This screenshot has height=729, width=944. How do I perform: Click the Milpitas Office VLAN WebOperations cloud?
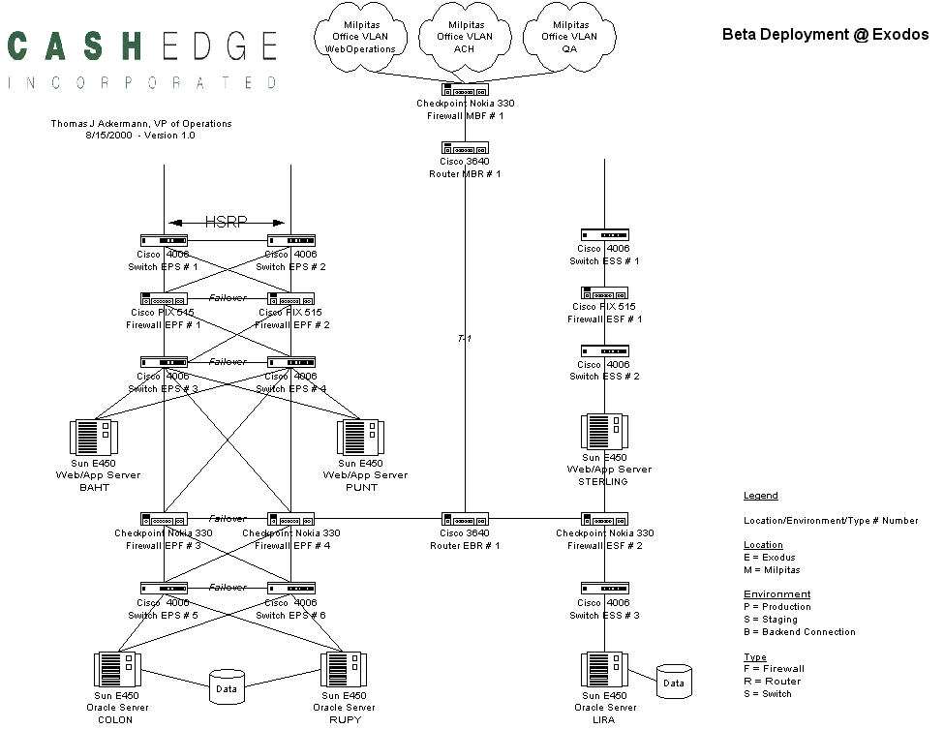(360, 37)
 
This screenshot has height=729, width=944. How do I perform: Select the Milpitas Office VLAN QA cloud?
(570, 37)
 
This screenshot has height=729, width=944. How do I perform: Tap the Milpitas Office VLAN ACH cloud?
(466, 37)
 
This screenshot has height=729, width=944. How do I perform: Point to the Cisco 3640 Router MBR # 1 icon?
(466, 148)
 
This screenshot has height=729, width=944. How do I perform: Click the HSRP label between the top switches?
(227, 222)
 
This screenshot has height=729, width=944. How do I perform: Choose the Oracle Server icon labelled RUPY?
(343, 670)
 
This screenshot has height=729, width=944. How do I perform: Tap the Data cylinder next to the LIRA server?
(673, 682)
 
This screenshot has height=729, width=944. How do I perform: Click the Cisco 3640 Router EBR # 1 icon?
(466, 519)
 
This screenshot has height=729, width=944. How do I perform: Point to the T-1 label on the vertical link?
(465, 339)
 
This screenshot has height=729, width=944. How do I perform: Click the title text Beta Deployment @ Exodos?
(825, 34)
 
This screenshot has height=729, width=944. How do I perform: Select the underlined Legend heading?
(760, 496)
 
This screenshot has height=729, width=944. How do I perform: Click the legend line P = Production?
(777, 607)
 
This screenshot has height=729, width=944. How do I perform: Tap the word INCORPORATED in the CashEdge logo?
(143, 83)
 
